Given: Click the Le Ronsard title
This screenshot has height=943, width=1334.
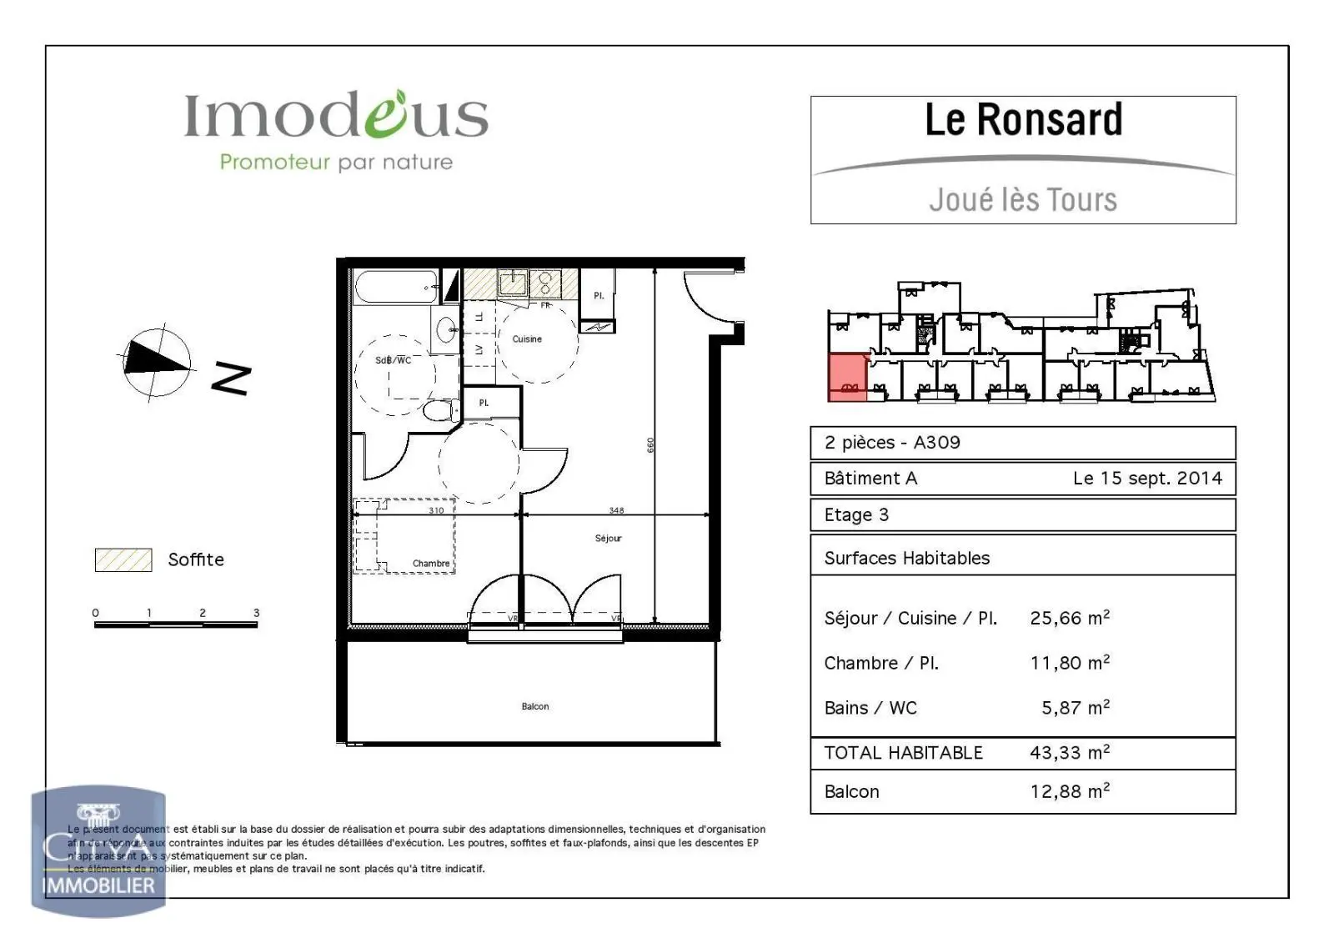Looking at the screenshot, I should (1023, 120).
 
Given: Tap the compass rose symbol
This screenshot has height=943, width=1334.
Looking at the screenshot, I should (157, 361).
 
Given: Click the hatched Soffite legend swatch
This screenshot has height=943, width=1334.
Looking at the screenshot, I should (123, 559).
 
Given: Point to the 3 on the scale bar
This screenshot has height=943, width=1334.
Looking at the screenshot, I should (257, 613).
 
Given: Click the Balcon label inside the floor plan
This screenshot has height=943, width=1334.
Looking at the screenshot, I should (535, 706).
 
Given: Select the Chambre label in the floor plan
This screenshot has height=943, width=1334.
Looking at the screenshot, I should (431, 564).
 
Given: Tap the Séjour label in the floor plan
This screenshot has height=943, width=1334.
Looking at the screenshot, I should (609, 538).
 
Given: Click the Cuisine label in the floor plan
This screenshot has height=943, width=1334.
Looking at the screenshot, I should (527, 339).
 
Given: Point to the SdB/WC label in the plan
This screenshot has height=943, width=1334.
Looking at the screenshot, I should (393, 360).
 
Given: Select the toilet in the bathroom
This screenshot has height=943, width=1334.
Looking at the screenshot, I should (439, 410).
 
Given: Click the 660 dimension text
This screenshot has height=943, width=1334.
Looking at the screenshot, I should (650, 445).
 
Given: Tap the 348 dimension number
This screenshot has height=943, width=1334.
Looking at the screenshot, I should (616, 510).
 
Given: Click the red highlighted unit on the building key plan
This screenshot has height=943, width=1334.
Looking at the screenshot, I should (847, 378).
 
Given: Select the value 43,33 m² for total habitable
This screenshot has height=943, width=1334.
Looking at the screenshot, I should (1070, 753).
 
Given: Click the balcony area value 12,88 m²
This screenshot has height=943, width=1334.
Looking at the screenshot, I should (1070, 791).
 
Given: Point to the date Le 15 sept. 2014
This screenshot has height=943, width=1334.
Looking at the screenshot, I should (1147, 479).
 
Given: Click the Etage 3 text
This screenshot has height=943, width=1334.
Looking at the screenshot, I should (856, 515).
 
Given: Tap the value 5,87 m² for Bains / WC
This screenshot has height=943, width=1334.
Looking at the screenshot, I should (1075, 708).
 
